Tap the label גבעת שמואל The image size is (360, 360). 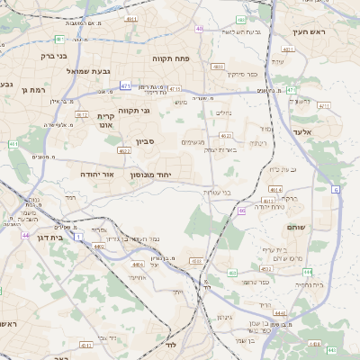[89, 71]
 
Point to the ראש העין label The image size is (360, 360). [308, 32]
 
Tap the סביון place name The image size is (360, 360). [146, 141]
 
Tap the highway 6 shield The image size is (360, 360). [336, 189]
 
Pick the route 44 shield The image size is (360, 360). [25, 235]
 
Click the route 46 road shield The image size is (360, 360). [242, 210]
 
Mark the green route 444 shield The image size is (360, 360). [308, 271]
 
